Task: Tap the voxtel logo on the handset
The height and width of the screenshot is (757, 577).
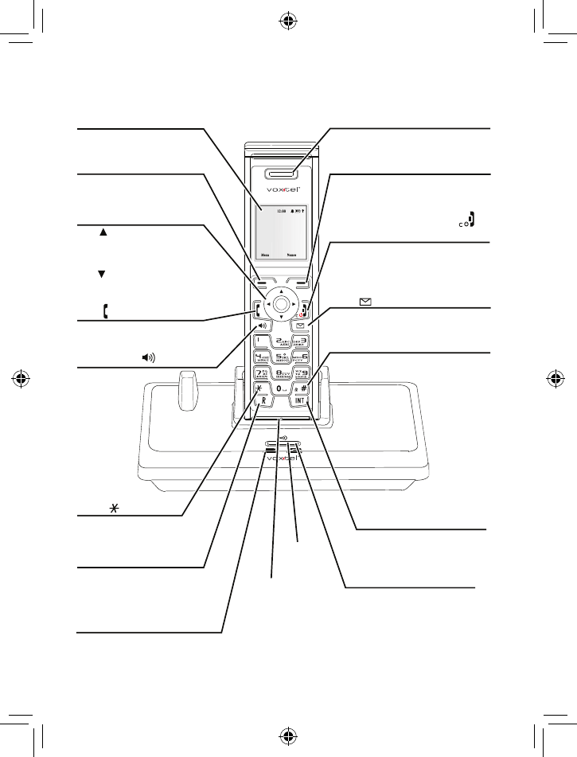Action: (282, 192)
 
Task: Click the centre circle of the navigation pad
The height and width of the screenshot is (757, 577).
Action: (282, 304)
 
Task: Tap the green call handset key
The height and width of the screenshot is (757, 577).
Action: (259, 307)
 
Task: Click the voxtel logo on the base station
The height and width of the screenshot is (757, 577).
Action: (282, 459)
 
